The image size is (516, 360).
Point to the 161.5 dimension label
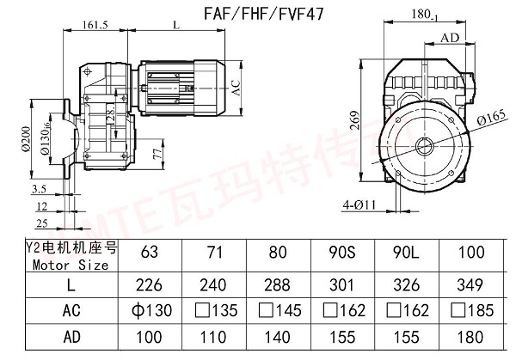[x=95, y=27]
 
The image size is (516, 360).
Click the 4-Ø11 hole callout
[x=359, y=204]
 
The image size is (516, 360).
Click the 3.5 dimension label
[x=39, y=186]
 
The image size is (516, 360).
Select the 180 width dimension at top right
[x=445, y=14]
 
